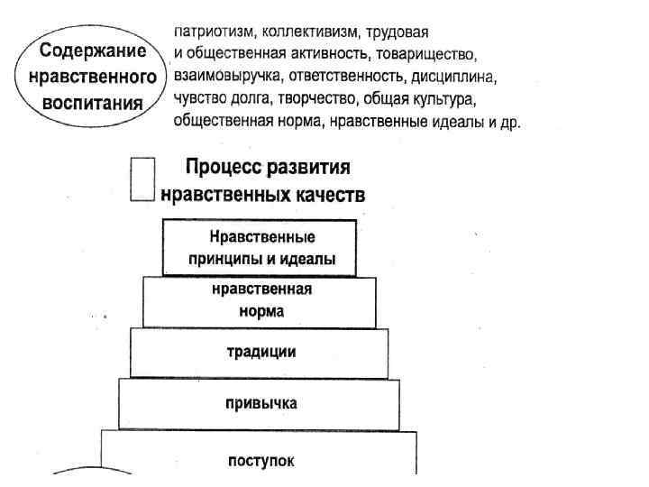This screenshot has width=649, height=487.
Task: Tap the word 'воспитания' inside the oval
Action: (94, 102)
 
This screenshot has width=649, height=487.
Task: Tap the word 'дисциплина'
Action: (456, 73)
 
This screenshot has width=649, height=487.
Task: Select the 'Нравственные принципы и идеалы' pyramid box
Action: (261, 248)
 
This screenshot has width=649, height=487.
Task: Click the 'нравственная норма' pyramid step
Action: (260, 301)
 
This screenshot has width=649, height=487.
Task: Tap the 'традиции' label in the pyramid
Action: (261, 351)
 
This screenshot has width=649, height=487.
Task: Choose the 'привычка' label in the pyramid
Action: (261, 401)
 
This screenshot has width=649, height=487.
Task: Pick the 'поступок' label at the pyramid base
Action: (261, 461)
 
